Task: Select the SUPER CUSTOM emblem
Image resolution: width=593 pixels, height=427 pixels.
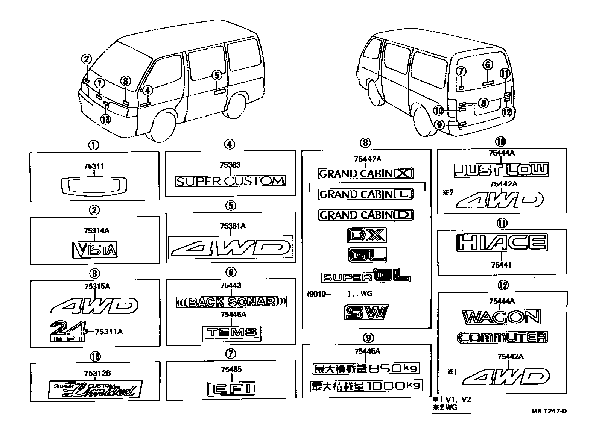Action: (x=230, y=181)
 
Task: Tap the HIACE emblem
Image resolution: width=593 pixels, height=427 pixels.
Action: (x=502, y=242)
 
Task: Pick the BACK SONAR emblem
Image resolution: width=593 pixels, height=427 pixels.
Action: (x=231, y=302)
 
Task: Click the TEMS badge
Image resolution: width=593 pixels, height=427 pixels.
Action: (x=231, y=332)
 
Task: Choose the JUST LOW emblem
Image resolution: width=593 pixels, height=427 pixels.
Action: (x=502, y=170)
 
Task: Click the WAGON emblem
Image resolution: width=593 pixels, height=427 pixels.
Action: (x=502, y=317)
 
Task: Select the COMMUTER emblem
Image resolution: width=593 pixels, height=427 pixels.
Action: (x=502, y=337)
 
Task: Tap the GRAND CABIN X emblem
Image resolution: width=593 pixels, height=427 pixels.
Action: (x=366, y=173)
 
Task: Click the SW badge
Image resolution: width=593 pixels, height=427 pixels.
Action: (x=366, y=312)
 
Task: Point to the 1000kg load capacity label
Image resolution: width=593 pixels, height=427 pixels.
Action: (x=366, y=386)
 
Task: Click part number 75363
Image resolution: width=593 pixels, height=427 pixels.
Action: (x=230, y=165)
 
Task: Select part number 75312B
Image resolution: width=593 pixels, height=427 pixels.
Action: (x=95, y=373)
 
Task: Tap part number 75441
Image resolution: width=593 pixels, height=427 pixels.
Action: (x=501, y=265)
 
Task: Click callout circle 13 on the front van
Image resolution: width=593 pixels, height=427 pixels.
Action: (x=106, y=120)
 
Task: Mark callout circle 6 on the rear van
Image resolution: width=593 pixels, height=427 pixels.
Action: (x=488, y=65)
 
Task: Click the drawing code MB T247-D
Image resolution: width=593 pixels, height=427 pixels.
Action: (x=549, y=411)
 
